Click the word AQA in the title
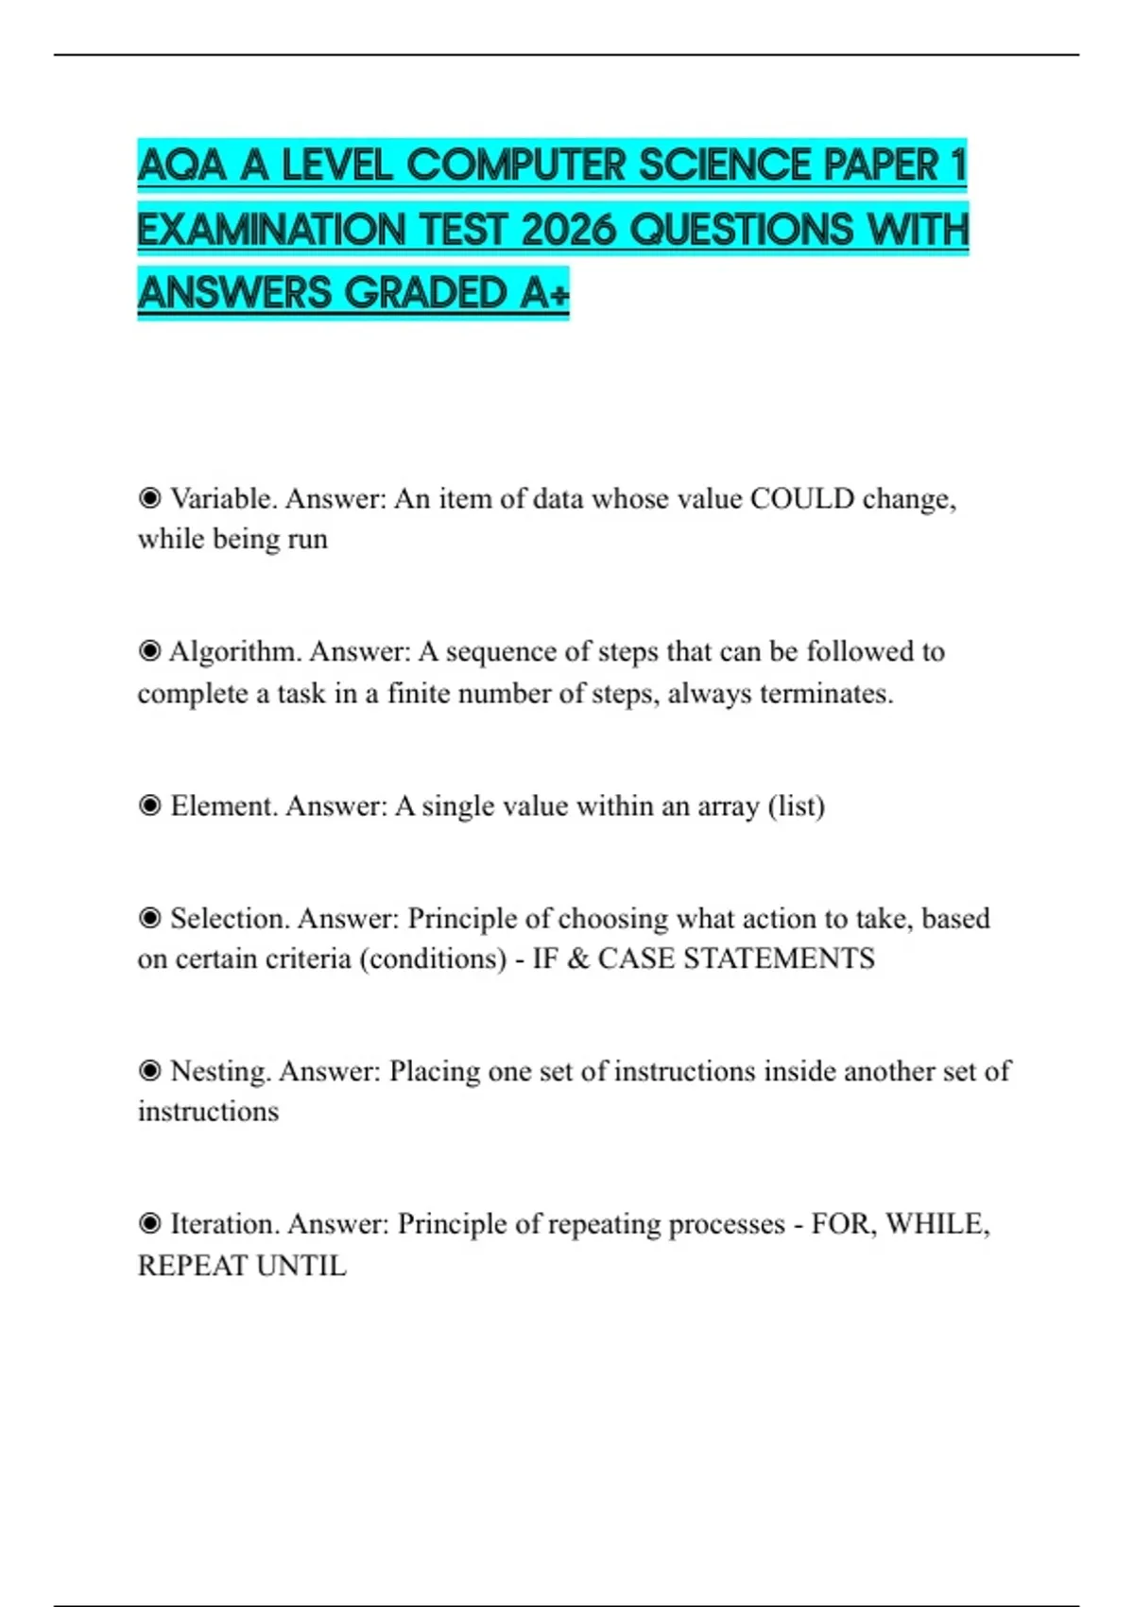coord(182,166)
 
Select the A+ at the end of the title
coord(544,293)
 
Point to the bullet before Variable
coord(149,497)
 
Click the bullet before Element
coord(149,805)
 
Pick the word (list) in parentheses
coord(796,805)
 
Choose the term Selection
coord(230,918)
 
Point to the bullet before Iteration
coord(149,1223)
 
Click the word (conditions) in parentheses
coord(433,959)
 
